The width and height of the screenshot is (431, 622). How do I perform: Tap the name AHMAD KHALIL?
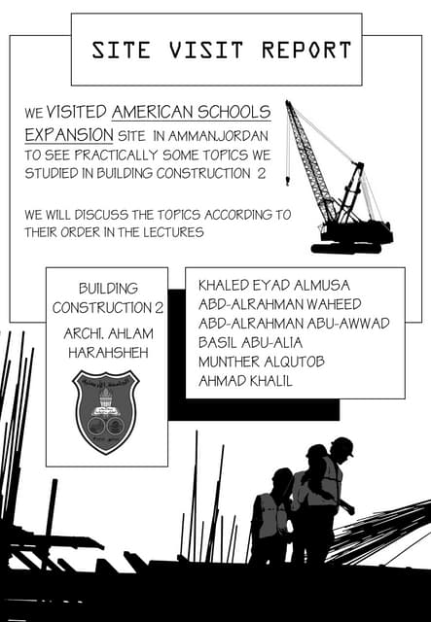[x=245, y=381]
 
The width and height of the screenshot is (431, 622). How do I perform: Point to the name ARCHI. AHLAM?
[x=107, y=333]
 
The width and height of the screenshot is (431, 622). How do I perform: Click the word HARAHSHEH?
[x=107, y=351]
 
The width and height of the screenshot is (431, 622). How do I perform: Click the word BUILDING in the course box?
[x=107, y=289]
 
